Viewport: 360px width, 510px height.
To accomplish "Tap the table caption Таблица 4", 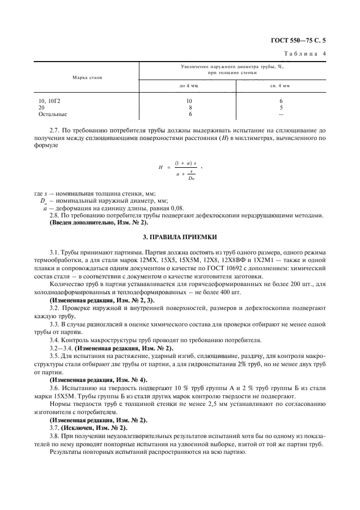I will pos(306,53).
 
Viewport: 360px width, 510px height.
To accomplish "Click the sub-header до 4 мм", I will pos(188,86).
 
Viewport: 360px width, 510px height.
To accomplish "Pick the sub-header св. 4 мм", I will pos(280,86).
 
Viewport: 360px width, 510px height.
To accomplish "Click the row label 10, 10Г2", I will pos(48,101).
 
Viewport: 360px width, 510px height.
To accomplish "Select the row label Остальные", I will pos(52,114).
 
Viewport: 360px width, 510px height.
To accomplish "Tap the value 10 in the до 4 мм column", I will pos(188,101).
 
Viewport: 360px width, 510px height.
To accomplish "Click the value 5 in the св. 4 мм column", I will pos(280,108).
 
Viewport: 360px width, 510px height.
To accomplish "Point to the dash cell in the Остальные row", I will pos(280,114).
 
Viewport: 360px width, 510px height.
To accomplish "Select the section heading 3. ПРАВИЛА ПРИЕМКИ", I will pos(180,237).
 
